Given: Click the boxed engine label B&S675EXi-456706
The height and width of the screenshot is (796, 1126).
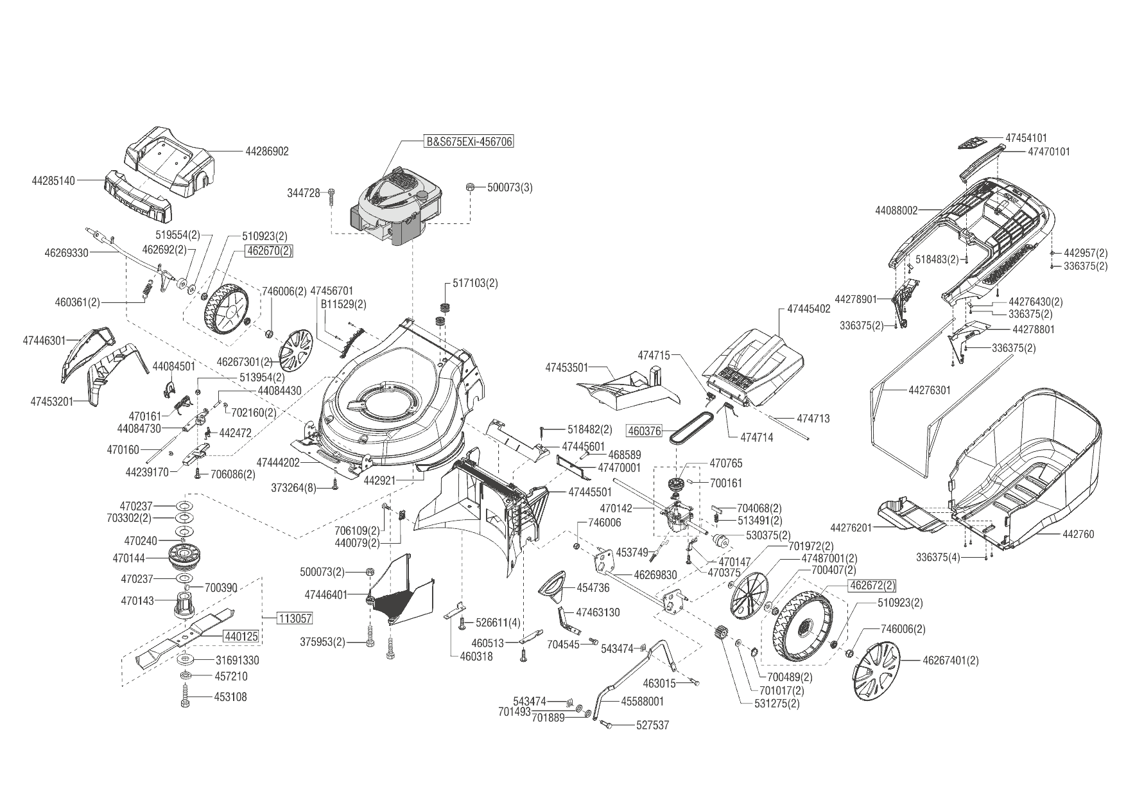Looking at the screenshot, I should coord(469,141).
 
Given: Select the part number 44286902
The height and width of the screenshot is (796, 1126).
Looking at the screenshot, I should coord(267,151).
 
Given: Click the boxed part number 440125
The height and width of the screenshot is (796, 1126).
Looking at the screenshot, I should coord(241,637).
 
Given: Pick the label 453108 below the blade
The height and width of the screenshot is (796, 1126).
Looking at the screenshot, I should coord(231,697).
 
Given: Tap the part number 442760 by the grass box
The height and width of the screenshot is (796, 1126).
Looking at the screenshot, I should coord(1078,534).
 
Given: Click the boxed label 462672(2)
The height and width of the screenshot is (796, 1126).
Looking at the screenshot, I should coord(872,585).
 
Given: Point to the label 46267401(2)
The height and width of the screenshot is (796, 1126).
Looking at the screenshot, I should coord(951,660).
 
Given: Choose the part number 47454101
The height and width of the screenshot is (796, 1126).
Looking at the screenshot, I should coord(1026,138).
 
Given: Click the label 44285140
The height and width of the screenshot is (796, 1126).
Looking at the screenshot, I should coord(53,181).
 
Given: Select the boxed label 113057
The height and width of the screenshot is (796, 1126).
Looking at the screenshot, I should coord(295,619).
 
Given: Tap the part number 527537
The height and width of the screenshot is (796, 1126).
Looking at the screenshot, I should coord(652,725).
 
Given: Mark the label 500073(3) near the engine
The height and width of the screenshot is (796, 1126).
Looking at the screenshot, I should coord(510,187).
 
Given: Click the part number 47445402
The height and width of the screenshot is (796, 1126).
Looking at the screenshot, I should coord(809,309).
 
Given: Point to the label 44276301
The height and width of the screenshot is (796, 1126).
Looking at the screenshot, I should coord(930,390).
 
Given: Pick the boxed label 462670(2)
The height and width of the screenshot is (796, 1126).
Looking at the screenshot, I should coord(268,251).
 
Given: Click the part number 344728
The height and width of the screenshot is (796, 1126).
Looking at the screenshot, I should coord(303,193).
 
